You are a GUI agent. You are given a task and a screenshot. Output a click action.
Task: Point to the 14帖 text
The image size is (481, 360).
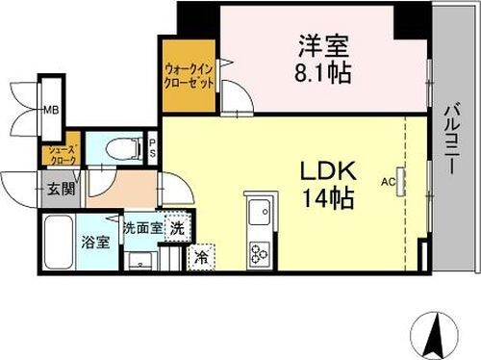tap(330, 200)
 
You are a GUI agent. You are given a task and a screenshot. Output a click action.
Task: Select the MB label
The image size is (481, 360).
tap(49, 110)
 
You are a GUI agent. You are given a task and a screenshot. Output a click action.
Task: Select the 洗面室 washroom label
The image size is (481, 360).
tap(140, 228)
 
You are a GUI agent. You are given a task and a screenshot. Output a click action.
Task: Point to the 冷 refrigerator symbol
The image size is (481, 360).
tap(201, 257)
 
